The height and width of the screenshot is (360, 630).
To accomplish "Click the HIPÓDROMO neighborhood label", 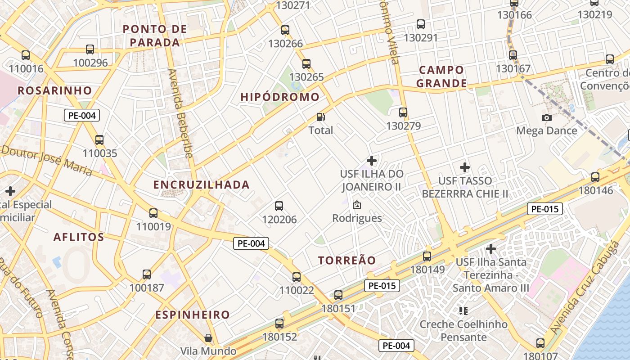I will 280,97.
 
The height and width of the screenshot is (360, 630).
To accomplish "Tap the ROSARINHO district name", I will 54,90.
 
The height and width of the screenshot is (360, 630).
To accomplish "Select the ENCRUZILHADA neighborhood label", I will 201,185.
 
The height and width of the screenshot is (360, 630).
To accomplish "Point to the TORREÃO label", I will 346,261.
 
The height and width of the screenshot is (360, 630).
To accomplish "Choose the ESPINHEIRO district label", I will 192,315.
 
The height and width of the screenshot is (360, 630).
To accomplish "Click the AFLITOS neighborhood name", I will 79,237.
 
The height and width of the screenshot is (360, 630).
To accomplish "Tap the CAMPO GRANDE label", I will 441,77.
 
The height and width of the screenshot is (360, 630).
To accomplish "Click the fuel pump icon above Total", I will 321,117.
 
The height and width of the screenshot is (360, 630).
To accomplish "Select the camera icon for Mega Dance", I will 547,117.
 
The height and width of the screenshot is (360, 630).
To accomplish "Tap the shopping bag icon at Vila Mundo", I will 208,337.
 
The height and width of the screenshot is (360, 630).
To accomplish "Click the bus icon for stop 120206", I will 279,206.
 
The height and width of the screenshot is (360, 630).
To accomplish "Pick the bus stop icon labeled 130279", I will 403,112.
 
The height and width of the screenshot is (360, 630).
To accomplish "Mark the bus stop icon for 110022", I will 296,277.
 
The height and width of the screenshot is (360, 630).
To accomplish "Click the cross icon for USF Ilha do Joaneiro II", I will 372,160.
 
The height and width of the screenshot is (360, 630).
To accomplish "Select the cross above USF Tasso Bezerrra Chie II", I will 465,167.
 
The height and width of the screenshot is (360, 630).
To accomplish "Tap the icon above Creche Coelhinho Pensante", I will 463,310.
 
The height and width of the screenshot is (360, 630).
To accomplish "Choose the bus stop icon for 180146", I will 595,177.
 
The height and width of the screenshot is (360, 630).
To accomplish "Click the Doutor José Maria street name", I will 47,160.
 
